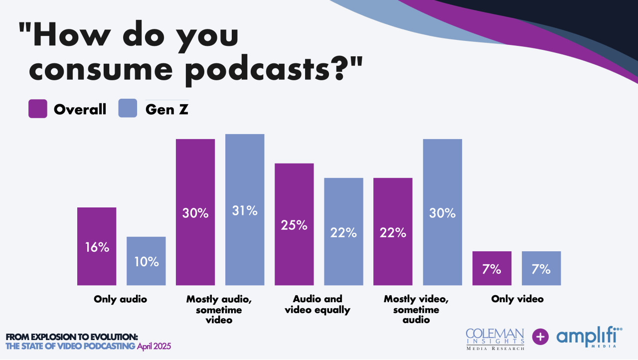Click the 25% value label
pyautogui.click(x=294, y=225)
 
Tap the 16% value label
pyautogui.click(x=97, y=247)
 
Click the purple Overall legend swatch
pyautogui.click(x=38, y=109)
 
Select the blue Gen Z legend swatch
pyautogui.click(x=128, y=109)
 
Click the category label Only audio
pyautogui.click(x=121, y=299)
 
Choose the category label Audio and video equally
pyautogui.click(x=318, y=304)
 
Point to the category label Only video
pyautogui.click(x=517, y=299)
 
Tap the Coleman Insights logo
pyautogui.click(x=495, y=339)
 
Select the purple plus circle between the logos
pyautogui.click(x=540, y=337)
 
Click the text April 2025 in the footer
pyautogui.click(x=154, y=346)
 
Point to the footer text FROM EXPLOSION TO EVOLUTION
pyautogui.click(x=72, y=337)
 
